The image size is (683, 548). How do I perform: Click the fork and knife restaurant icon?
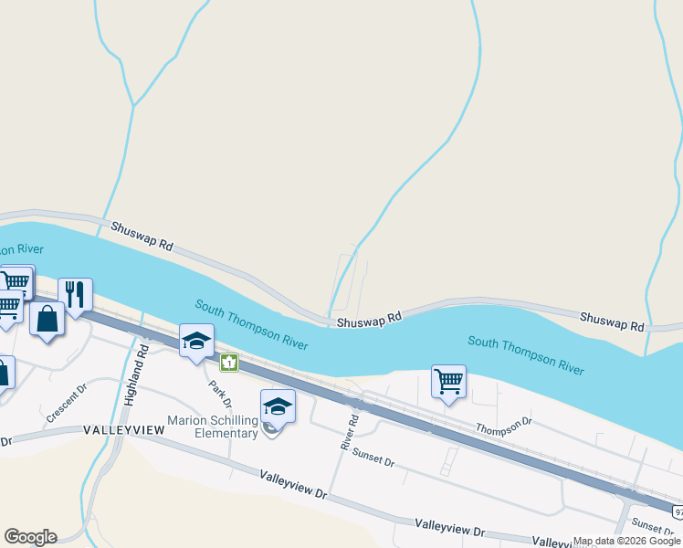pyautogui.click(x=75, y=295)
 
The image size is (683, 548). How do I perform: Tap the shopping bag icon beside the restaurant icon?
pyautogui.click(x=47, y=319)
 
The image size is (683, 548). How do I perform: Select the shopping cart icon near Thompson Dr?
pyautogui.click(x=448, y=382)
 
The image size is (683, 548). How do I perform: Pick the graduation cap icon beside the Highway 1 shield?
pyautogui.click(x=196, y=341)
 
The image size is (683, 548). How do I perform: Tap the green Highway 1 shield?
pyautogui.click(x=228, y=363)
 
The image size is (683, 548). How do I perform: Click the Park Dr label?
pyautogui.click(x=219, y=395)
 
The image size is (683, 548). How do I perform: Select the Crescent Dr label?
pyautogui.click(x=66, y=404)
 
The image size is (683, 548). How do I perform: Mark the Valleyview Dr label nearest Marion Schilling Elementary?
pyautogui.click(x=293, y=484)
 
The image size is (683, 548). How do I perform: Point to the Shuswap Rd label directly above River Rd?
pyautogui.click(x=369, y=321)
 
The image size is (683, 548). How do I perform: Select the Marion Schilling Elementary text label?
pyautogui.click(x=213, y=427)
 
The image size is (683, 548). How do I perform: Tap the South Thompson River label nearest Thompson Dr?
pyautogui.click(x=526, y=354)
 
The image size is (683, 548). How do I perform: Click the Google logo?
pyautogui.click(x=30, y=537)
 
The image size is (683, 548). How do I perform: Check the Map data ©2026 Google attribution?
pyautogui.click(x=627, y=542)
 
